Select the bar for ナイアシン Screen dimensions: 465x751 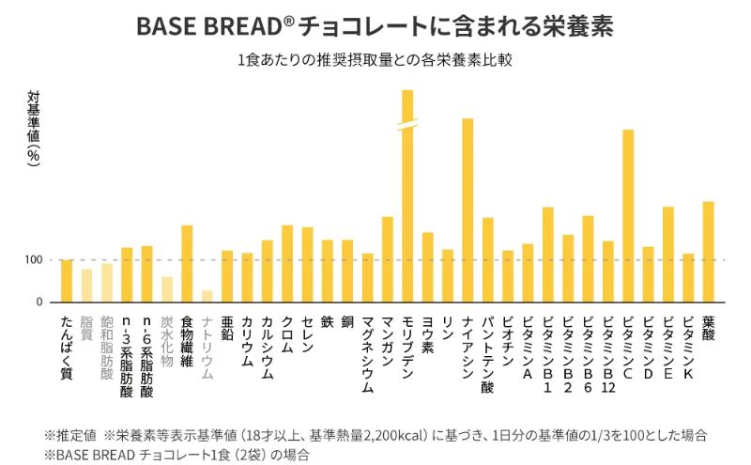click(467, 210)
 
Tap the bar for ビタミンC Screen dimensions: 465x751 click(628, 216)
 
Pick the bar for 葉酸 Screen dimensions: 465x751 click(709, 252)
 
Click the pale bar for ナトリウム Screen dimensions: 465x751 click(207, 296)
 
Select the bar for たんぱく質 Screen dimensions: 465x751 click(67, 281)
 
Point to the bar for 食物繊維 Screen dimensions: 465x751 click(187, 264)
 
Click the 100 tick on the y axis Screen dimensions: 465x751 click(32, 260)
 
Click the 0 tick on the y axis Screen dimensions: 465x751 click(38, 302)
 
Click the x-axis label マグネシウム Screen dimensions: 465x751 click(367, 353)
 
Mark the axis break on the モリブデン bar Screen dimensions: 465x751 click(407, 126)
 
